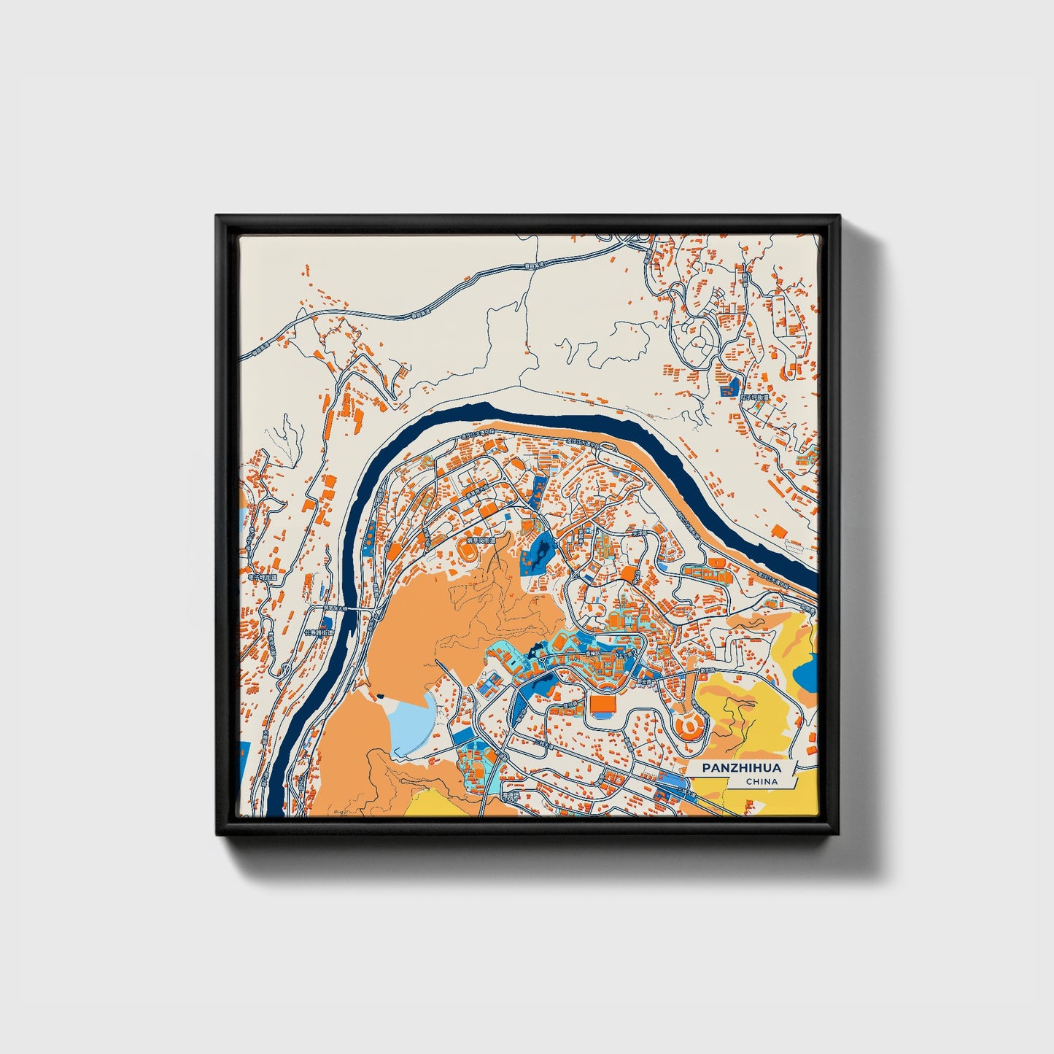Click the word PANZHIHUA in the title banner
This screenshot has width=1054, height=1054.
[741, 768]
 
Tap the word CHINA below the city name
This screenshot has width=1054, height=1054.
[762, 782]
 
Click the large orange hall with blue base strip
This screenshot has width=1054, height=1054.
[602, 705]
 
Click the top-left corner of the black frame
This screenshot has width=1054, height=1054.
[217, 217]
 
